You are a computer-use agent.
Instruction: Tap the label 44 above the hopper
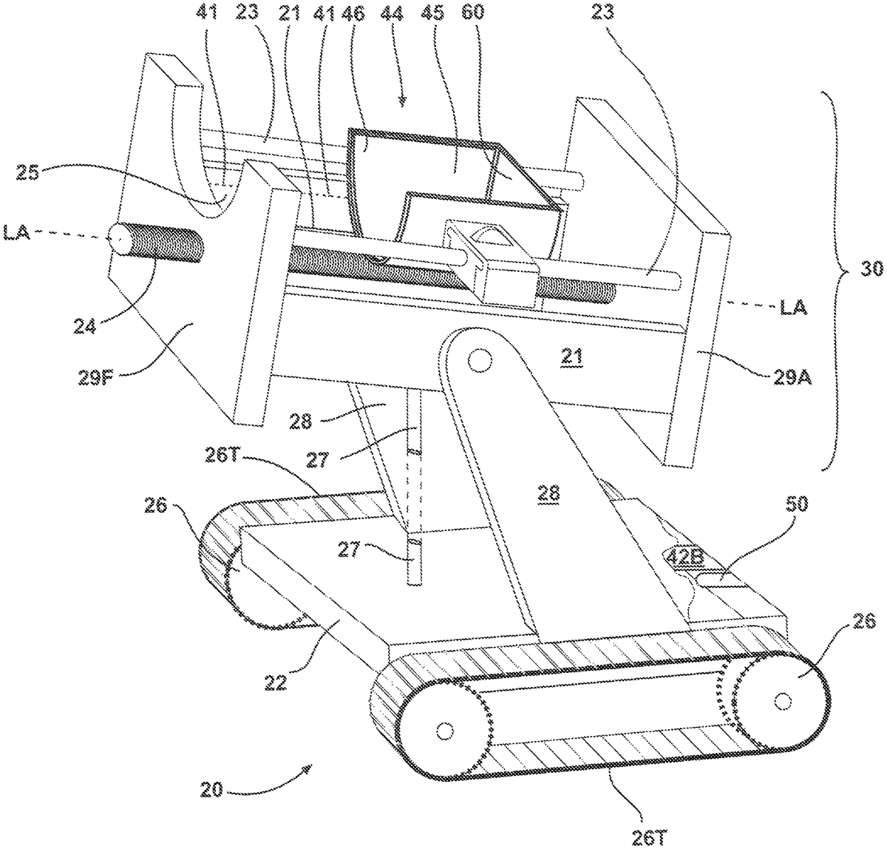(392, 14)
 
